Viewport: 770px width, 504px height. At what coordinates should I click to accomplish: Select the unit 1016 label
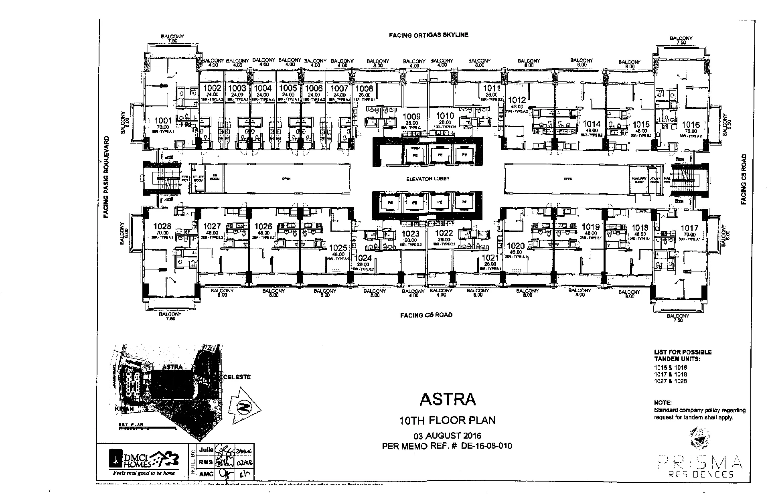tap(691, 125)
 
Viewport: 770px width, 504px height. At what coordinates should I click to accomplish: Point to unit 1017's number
tap(689, 228)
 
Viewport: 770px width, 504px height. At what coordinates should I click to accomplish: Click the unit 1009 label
tap(411, 117)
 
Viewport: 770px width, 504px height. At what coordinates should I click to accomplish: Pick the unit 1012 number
tap(517, 100)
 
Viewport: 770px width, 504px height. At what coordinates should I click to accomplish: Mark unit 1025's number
tap(338, 248)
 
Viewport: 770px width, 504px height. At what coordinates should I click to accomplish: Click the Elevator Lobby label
tap(428, 179)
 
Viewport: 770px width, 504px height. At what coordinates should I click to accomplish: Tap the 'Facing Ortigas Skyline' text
tap(428, 35)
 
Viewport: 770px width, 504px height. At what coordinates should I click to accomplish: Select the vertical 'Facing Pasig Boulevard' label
tap(106, 177)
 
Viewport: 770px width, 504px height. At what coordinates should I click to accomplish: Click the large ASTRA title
tap(448, 399)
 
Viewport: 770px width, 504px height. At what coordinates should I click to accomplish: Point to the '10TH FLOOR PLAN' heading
tap(448, 420)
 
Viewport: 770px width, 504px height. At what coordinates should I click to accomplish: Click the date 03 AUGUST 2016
tap(448, 436)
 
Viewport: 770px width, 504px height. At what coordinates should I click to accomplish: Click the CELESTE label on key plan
tap(237, 377)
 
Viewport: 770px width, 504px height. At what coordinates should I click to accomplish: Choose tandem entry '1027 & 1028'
tap(670, 381)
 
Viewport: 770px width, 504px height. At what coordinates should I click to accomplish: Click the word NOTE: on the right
tap(663, 403)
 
